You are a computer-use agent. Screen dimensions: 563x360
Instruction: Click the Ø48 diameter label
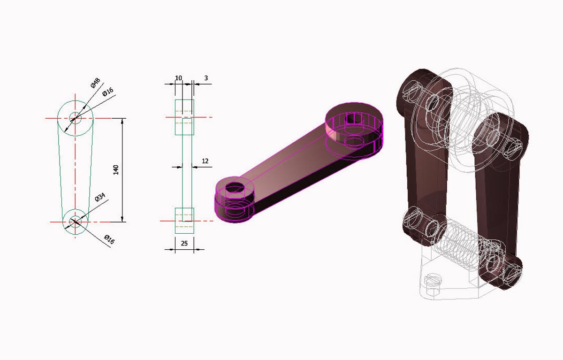click(96, 83)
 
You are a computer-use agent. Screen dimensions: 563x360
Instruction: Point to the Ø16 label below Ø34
click(110, 239)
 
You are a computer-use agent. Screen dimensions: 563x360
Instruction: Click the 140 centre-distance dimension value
click(116, 170)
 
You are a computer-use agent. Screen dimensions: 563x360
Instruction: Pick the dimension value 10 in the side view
click(178, 78)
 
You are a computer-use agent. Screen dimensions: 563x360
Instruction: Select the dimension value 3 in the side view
click(206, 78)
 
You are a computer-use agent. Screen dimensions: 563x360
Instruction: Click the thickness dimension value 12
click(205, 161)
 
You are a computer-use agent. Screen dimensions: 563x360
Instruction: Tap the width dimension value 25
click(184, 243)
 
